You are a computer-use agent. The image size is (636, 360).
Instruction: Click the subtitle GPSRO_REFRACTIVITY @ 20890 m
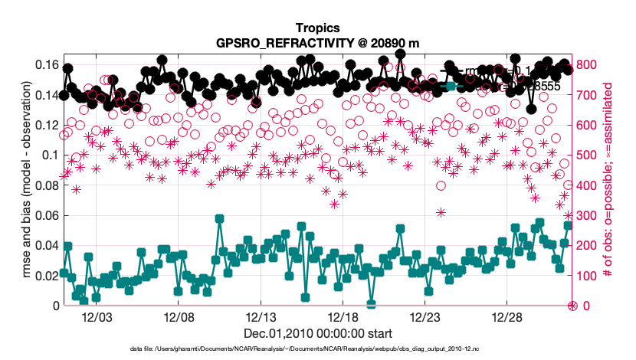(318, 42)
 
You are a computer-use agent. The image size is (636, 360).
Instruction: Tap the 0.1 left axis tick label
(49, 155)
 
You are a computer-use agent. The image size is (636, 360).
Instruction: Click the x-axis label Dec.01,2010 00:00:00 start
(318, 334)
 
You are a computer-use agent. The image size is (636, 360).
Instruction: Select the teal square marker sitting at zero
(371, 305)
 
